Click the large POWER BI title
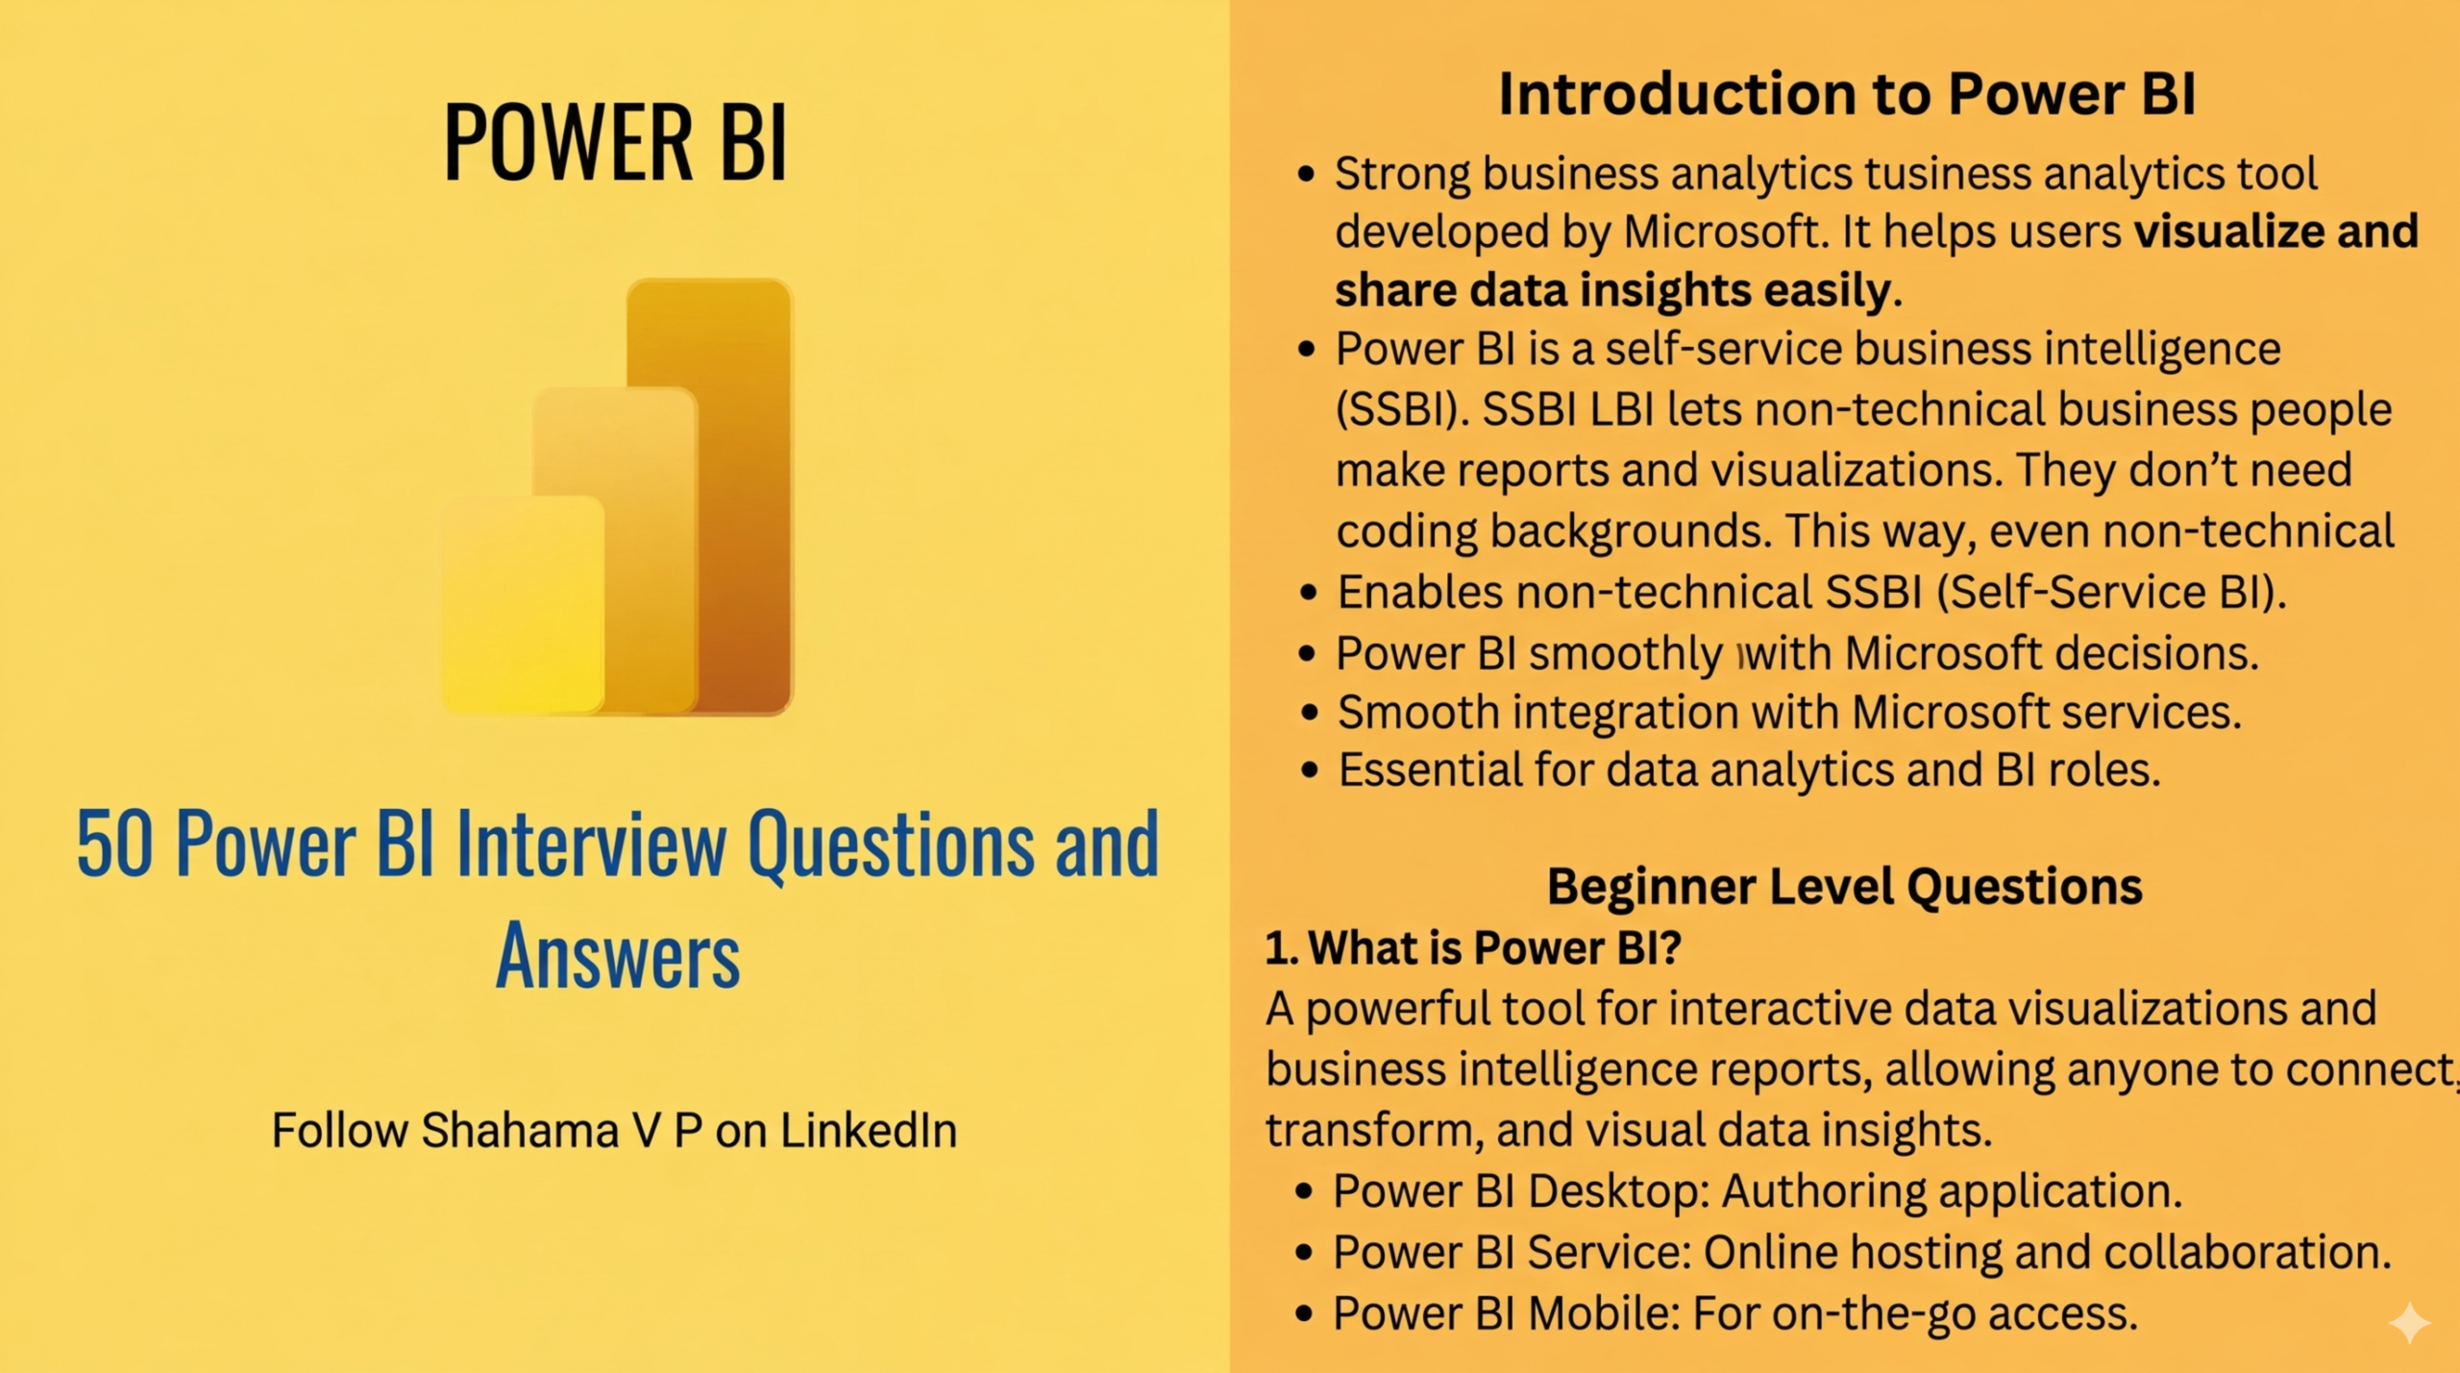pyautogui.click(x=615, y=141)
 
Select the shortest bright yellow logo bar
pyautogui.click(x=523, y=604)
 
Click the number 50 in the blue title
pyautogui.click(x=114, y=845)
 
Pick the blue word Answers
pyautogui.click(x=618, y=955)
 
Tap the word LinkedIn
pyautogui.click(x=869, y=1130)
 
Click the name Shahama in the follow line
pyautogui.click(x=520, y=1130)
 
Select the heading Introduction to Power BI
pyautogui.click(x=1847, y=94)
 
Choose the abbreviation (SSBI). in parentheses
pyautogui.click(x=1401, y=410)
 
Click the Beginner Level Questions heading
pyautogui.click(x=1844, y=886)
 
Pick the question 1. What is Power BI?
pyautogui.click(x=1473, y=947)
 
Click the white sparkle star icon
pyautogui.click(x=2409, y=1323)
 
